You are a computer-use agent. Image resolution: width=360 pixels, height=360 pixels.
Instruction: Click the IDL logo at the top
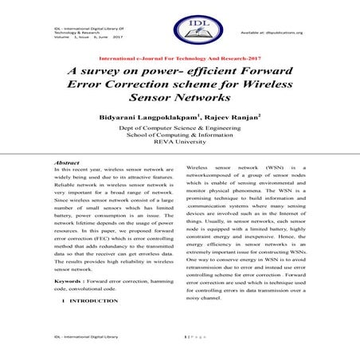coord(180,29)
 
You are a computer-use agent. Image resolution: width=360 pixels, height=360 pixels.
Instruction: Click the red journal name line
coord(179,61)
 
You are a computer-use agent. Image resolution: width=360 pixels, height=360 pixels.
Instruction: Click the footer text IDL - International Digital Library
coord(84,338)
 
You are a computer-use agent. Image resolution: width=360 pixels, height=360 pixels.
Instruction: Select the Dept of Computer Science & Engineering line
coord(180,127)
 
